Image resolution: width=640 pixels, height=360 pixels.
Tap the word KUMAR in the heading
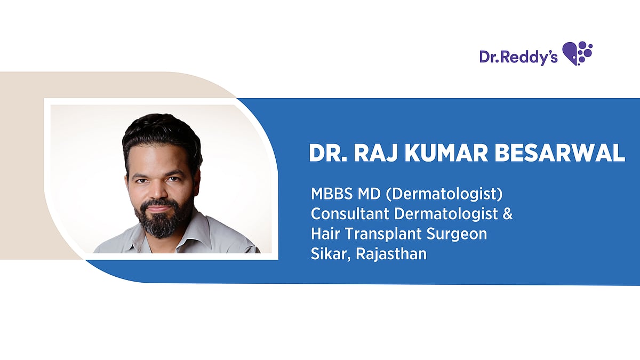pos(446,153)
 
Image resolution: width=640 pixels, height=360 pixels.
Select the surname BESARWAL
pos(559,153)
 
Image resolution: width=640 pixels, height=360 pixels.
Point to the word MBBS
pos(331,194)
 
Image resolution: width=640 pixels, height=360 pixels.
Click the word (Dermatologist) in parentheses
pos(444,195)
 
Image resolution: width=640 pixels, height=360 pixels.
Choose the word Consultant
pos(350,214)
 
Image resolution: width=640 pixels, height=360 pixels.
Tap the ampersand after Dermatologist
pos(507,214)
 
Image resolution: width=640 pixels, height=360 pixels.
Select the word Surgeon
pos(457,234)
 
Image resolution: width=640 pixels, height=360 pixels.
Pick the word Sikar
pos(331,254)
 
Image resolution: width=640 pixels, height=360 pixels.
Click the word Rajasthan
pos(391,254)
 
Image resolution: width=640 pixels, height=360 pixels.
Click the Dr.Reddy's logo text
pos(518,57)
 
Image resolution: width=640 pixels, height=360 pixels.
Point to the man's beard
pos(162,220)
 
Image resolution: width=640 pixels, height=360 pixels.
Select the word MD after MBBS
pos(369,194)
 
